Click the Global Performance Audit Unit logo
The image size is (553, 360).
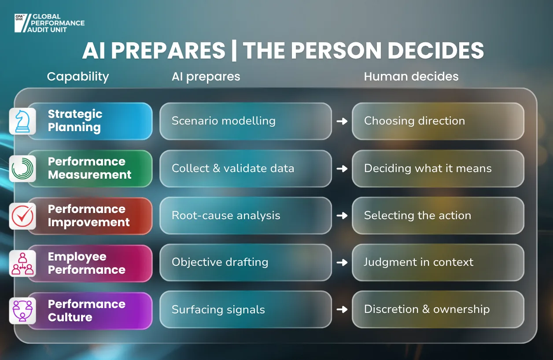[49, 23]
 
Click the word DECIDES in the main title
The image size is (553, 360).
[436, 51]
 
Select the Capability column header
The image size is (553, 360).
[78, 77]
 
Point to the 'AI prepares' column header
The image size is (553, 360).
[206, 77]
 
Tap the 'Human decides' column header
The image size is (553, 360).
[411, 77]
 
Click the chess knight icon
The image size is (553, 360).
[22, 121]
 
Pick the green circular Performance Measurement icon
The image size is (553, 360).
[22, 169]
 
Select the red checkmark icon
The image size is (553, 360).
[22, 216]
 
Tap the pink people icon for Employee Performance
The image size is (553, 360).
[22, 263]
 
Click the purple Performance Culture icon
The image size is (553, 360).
[22, 311]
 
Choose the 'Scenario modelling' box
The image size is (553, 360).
[246, 121]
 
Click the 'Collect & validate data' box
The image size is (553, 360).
[246, 169]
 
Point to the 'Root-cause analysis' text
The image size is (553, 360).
[226, 215]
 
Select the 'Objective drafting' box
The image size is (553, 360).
[246, 263]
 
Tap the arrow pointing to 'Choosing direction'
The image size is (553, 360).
[342, 121]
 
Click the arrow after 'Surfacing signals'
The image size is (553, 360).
[342, 309]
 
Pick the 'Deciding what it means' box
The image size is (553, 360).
[438, 169]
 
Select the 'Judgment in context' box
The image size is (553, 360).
[438, 263]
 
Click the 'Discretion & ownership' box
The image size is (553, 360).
[438, 309]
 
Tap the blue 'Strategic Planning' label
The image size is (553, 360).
[90, 121]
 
